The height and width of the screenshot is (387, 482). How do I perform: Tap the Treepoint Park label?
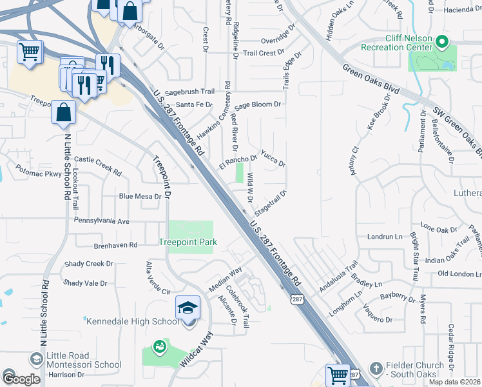click(x=188, y=242)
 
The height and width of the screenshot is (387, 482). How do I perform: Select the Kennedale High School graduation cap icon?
click(x=188, y=308)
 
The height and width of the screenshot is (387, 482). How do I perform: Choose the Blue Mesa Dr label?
click(x=139, y=196)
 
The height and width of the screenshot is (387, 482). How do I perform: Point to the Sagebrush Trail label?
click(x=189, y=92)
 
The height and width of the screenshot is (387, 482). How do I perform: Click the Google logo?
click(x=21, y=379)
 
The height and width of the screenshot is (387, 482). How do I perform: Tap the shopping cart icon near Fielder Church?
click(x=338, y=375)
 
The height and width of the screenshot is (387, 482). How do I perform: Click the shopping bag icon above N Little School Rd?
click(x=63, y=112)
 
